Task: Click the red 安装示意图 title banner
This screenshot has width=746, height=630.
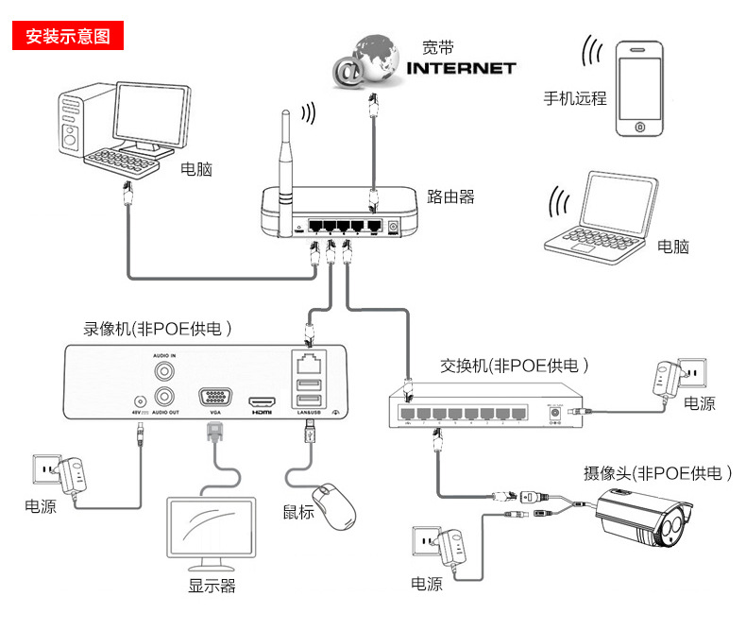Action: point(68,37)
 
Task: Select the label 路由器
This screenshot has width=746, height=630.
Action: point(450,196)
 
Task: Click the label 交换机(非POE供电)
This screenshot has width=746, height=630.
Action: point(516,366)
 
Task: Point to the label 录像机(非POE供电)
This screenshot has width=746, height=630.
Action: point(158,330)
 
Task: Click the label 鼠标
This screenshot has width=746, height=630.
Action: point(298,512)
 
